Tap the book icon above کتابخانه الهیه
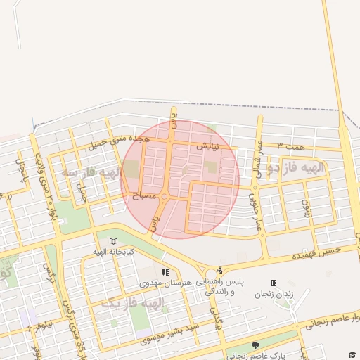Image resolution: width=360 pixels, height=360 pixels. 113,241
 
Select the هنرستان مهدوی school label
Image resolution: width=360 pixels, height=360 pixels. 166,283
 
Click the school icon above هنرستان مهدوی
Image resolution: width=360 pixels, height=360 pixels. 165,271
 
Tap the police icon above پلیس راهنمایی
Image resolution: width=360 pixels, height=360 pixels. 220,270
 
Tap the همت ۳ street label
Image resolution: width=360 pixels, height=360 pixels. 290,145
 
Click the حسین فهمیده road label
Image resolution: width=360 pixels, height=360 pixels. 317,250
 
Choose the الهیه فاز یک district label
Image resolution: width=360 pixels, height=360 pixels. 134,303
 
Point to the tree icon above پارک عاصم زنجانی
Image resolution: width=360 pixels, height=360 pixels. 255,345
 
